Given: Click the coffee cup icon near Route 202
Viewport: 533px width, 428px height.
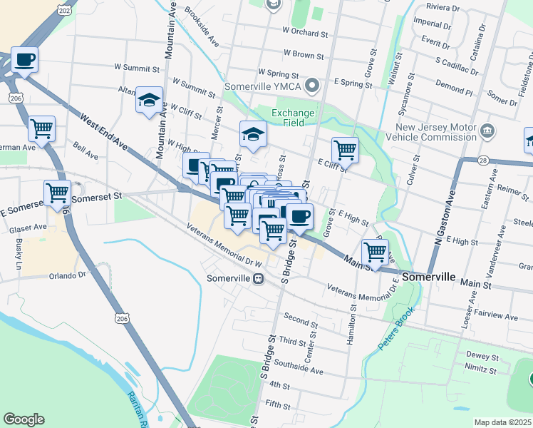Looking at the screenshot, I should pyautogui.click(x=24, y=60).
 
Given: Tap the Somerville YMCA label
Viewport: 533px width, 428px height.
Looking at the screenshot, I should pyautogui.click(x=263, y=87).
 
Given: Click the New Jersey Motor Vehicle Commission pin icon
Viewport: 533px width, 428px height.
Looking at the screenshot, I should pyautogui.click(x=487, y=130).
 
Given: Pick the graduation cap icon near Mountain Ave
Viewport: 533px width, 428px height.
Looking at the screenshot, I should pyautogui.click(x=150, y=99).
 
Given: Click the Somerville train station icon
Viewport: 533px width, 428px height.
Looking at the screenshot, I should pyautogui.click(x=258, y=278).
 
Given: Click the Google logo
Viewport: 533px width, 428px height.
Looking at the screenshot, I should pyautogui.click(x=24, y=419).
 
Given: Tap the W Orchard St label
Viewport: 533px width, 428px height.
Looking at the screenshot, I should pyautogui.click(x=304, y=32).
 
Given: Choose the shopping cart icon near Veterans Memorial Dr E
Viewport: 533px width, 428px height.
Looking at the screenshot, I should pyautogui.click(x=375, y=251).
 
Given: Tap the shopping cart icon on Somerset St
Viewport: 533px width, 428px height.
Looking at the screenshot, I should pyautogui.click(x=57, y=192).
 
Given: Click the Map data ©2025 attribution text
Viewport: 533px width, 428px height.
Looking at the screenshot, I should pyautogui.click(x=502, y=422).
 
